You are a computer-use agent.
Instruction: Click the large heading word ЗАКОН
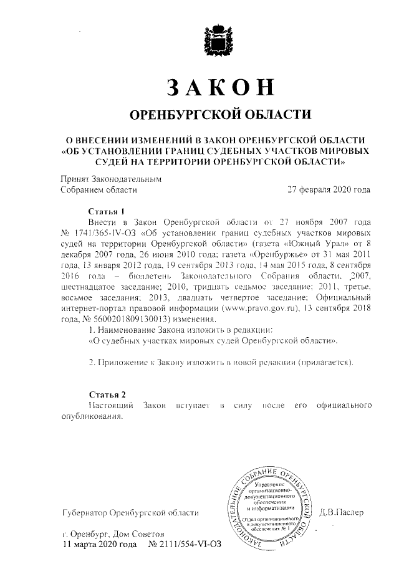point(220,87)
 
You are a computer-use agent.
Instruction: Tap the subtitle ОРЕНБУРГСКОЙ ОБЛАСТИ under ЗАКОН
point(219,115)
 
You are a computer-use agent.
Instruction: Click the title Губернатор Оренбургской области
point(130,514)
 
